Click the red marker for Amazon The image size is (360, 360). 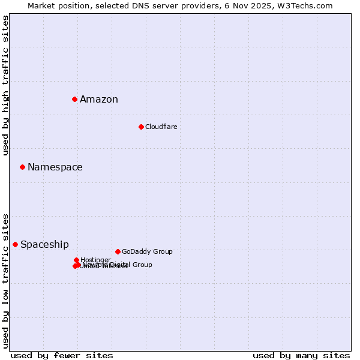pos(74,99)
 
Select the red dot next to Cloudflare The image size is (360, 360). pos(141,127)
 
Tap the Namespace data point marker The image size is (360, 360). pos(22,167)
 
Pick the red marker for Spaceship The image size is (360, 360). pos(15,244)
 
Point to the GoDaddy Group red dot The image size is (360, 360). pos(118,251)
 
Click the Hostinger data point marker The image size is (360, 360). pos(76,260)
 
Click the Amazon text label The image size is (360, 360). pos(99,100)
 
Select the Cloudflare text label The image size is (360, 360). pos(161,127)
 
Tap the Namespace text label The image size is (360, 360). pos(55,167)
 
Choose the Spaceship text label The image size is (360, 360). pos(44,245)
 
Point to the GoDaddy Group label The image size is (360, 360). pos(147,252)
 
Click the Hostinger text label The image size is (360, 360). pos(95,260)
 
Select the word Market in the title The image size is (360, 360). pos(41,5)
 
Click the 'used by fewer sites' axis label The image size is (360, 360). pos(62,356)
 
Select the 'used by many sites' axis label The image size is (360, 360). pos(301,356)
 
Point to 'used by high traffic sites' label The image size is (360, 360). pos(6,85)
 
